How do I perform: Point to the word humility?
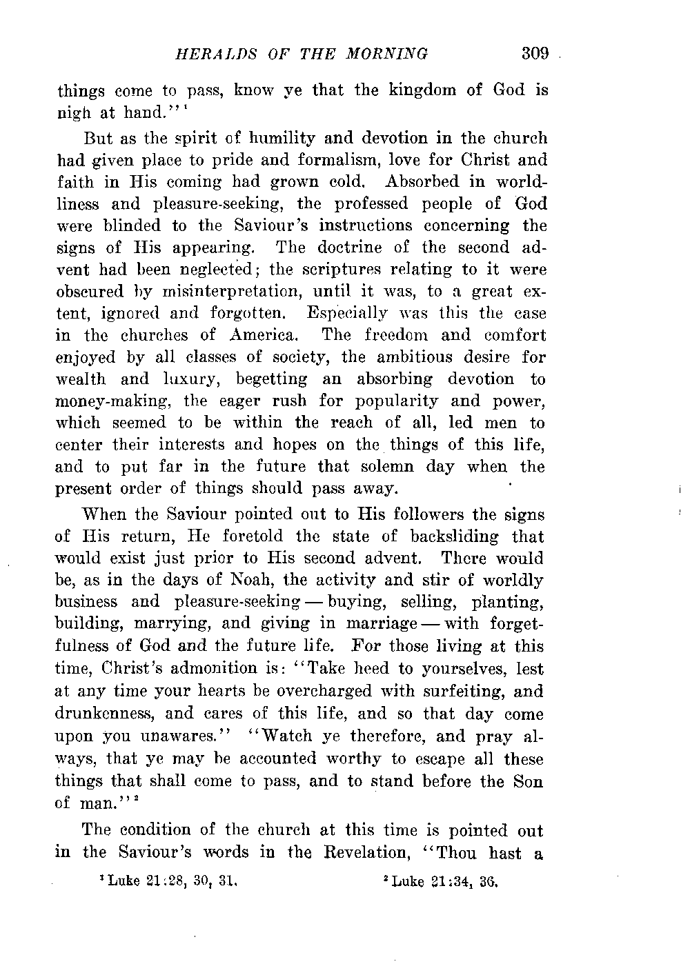(x=281, y=138)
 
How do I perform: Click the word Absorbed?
(x=426, y=182)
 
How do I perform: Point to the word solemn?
(x=384, y=467)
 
